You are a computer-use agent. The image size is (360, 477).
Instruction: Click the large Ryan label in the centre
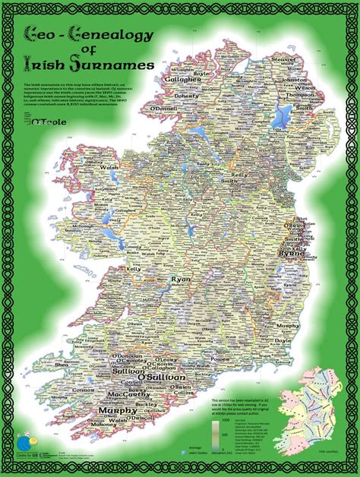tap(181, 280)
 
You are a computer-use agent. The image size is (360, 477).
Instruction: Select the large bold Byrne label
tap(293, 255)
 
